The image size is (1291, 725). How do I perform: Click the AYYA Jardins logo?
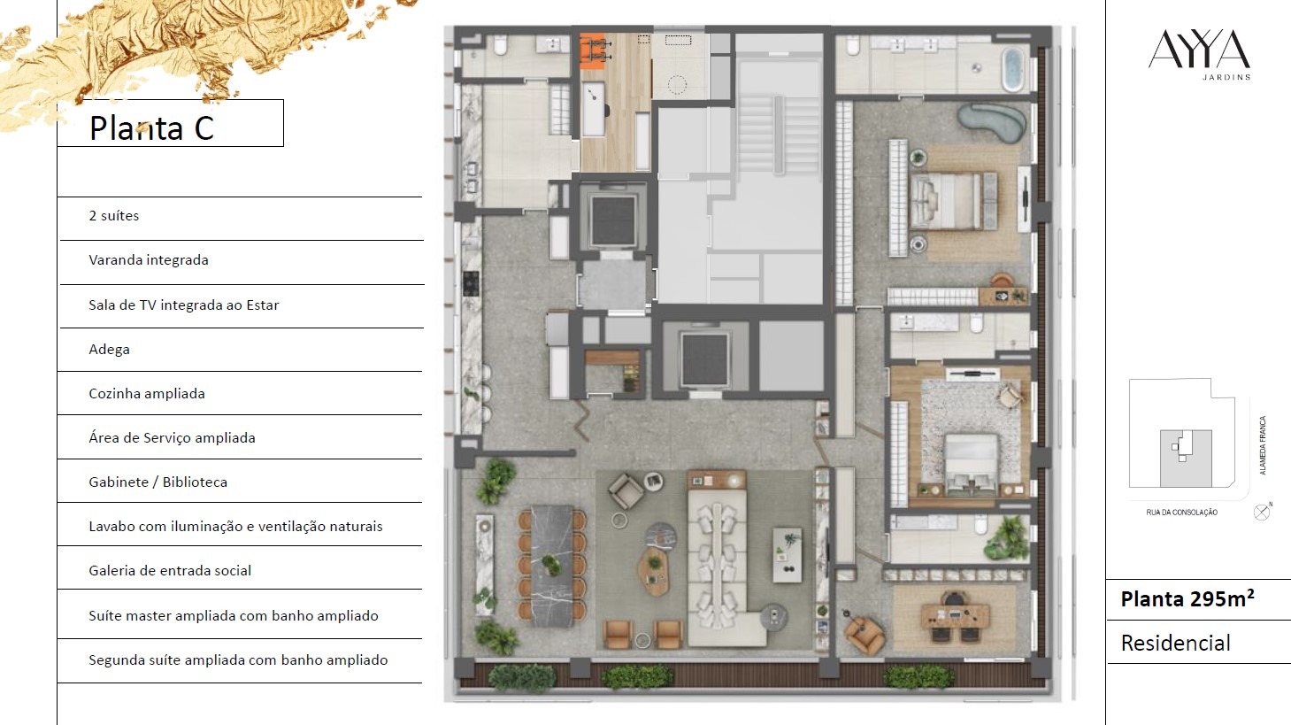click(x=1199, y=55)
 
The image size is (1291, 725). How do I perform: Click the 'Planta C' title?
click(x=151, y=128)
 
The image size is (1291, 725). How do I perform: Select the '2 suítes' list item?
click(x=113, y=216)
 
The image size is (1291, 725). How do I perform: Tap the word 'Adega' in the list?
click(x=109, y=350)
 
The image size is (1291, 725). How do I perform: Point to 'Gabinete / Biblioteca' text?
click(x=158, y=482)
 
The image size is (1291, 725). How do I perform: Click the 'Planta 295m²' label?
click(x=1187, y=599)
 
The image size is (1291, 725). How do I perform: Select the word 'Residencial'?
click(x=1176, y=643)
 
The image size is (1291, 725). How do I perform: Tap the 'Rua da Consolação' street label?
click(x=1181, y=513)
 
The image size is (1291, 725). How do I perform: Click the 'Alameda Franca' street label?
click(x=1263, y=445)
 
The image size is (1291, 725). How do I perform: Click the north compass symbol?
click(x=1262, y=513)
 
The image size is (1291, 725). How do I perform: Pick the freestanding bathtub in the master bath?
click(x=1012, y=70)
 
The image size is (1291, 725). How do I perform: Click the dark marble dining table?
click(x=552, y=566)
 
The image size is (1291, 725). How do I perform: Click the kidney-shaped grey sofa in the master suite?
click(x=992, y=122)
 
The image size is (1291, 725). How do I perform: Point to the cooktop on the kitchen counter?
click(x=471, y=283)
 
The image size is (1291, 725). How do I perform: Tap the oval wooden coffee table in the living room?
click(x=654, y=571)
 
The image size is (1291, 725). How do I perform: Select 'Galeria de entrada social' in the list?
click(x=170, y=571)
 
